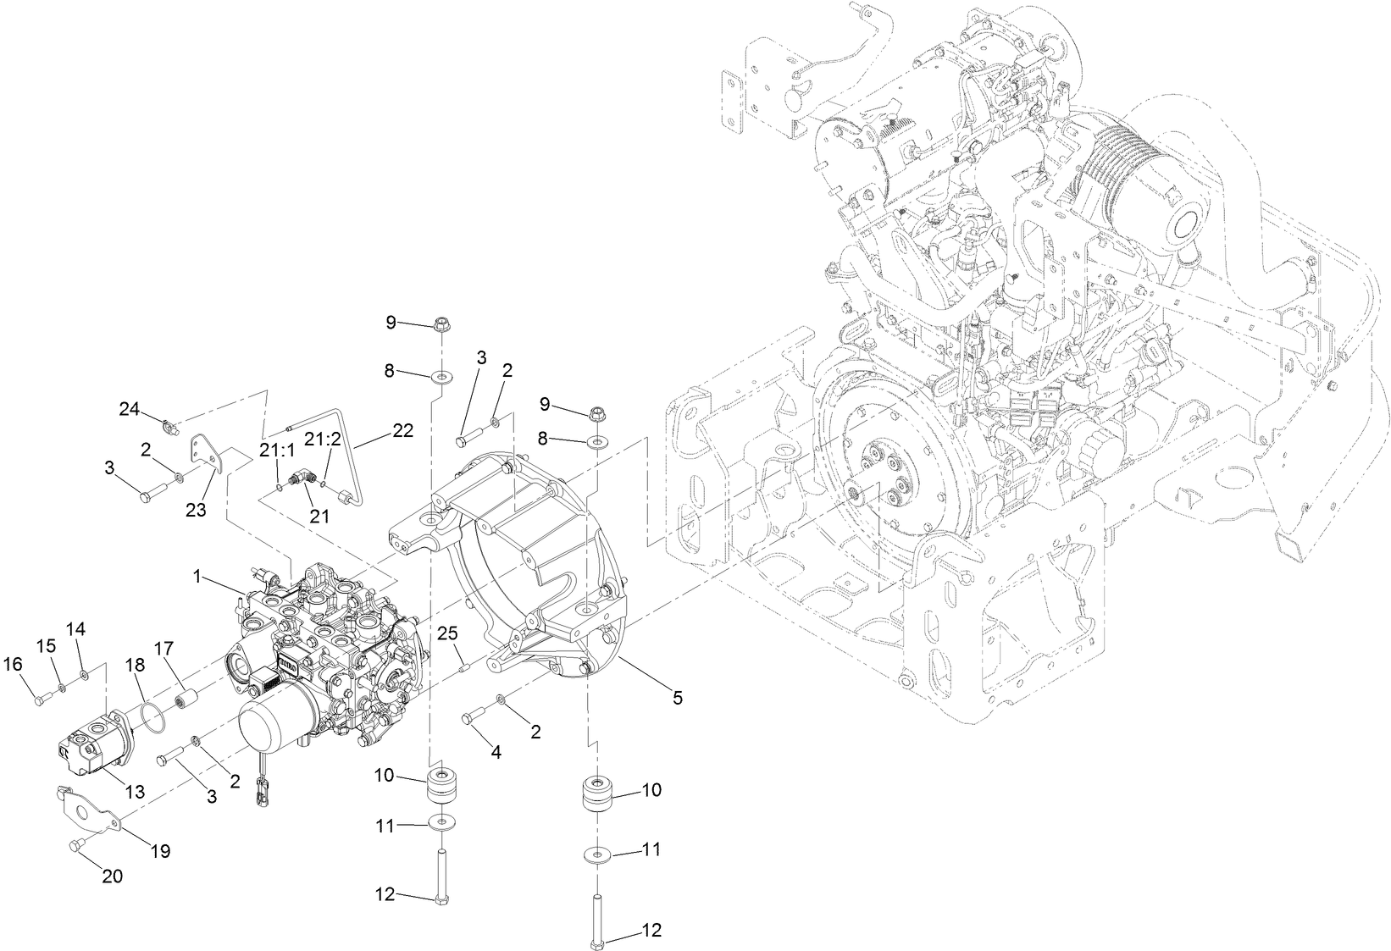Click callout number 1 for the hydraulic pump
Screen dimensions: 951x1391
click(197, 576)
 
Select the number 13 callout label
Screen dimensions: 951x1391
click(135, 792)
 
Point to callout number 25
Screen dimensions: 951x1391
click(447, 633)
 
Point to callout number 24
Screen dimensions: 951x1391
click(129, 409)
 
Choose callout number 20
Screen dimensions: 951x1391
click(112, 876)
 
